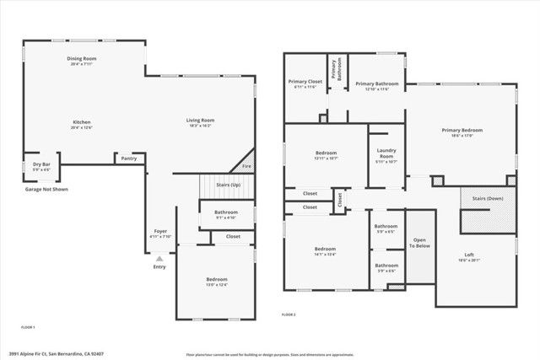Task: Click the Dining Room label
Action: tap(82, 58)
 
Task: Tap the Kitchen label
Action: tap(82, 122)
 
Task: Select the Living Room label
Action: tap(200, 121)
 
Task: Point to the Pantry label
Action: tap(128, 158)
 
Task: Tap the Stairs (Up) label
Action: tap(229, 184)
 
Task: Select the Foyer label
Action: tap(159, 231)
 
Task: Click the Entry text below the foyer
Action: tap(159, 266)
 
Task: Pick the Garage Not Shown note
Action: tap(46, 190)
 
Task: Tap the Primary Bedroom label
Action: tap(462, 130)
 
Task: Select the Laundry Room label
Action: tap(386, 153)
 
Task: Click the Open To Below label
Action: tap(419, 242)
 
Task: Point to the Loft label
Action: tap(469, 255)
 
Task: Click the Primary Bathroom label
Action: tap(376, 83)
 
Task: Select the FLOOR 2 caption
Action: tap(289, 314)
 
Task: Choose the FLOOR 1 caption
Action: tap(28, 326)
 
